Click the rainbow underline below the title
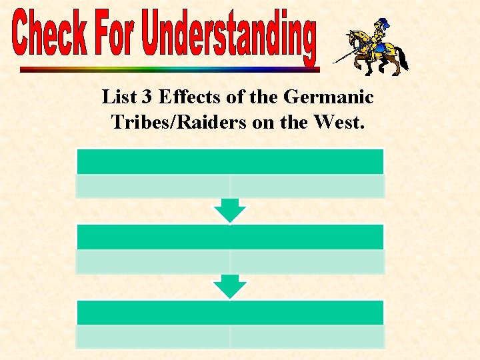(169, 69)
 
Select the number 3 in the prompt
(147, 97)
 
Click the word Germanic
(329, 97)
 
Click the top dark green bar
(230, 161)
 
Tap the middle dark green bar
(230, 237)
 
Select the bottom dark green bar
(230, 313)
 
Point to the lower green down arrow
(230, 287)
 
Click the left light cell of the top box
(153, 186)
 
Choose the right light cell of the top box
(307, 186)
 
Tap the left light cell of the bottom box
(153, 337)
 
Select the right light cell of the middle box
(307, 261)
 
